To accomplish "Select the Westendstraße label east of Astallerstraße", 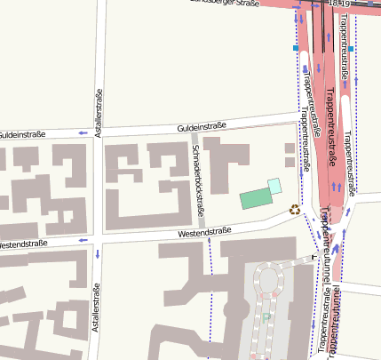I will point(204,232).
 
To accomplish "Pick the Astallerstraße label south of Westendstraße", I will point(96,308).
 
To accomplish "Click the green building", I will point(256,197).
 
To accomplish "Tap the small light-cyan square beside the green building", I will point(275,185).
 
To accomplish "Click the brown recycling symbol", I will point(295,211).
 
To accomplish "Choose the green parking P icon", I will point(266,316).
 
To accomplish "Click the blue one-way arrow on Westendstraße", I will point(82,240).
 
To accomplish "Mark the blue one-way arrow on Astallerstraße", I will point(96,255).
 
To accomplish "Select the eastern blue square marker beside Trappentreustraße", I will point(352,48).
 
